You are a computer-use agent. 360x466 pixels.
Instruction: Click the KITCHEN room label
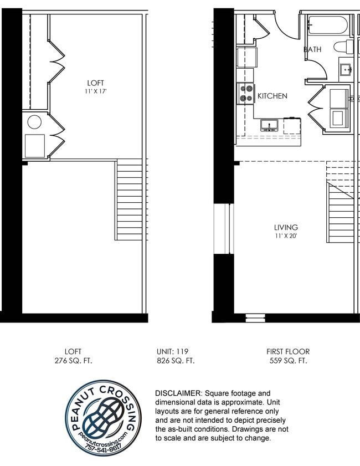coord(272,96)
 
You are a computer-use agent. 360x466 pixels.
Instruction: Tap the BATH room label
coord(312,49)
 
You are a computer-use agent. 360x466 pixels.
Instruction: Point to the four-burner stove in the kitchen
coord(245,94)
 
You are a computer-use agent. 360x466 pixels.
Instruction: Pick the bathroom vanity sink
coord(347,70)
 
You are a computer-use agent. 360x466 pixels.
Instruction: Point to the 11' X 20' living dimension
coord(286,235)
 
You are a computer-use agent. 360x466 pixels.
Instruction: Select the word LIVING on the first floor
coord(286,227)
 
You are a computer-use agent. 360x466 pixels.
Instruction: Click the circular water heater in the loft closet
coord(34,122)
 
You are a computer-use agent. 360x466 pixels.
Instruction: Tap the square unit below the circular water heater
coord(34,146)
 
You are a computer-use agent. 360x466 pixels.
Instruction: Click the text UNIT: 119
coord(175,351)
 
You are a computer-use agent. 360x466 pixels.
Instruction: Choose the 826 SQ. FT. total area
coord(175,360)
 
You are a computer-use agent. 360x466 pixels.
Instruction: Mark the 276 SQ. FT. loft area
coord(73,360)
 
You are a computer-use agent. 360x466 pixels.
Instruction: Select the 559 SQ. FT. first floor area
coord(287,360)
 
